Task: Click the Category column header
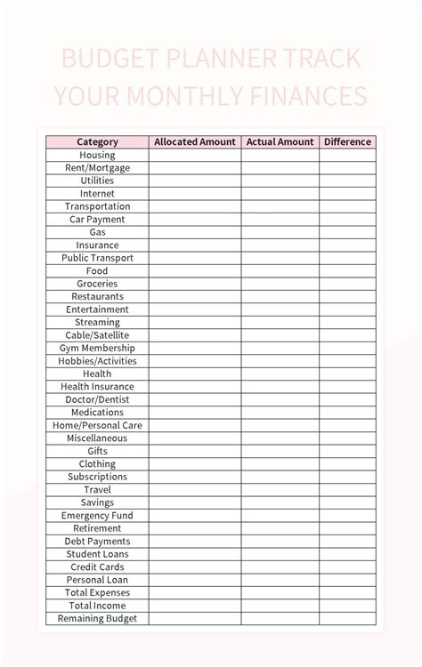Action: pyautogui.click(x=97, y=141)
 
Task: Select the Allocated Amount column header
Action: pyautogui.click(x=194, y=141)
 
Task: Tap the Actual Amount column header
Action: pyautogui.click(x=280, y=141)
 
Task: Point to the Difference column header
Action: pyautogui.click(x=347, y=141)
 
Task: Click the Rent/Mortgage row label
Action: pyautogui.click(x=97, y=167)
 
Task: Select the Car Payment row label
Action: pyautogui.click(x=97, y=219)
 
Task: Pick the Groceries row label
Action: pyautogui.click(x=97, y=284)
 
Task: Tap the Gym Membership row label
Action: pyautogui.click(x=97, y=348)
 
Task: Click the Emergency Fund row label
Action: pyautogui.click(x=97, y=515)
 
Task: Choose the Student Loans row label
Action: pyautogui.click(x=97, y=554)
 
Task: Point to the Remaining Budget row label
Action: pyautogui.click(x=97, y=618)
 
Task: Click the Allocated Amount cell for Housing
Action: pyautogui.click(x=194, y=155)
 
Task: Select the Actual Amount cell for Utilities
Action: pyautogui.click(x=280, y=181)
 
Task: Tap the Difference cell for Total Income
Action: pyautogui.click(x=347, y=606)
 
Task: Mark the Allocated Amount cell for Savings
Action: pyautogui.click(x=194, y=502)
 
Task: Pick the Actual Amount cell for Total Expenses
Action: pyautogui.click(x=280, y=592)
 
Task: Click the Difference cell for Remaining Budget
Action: pyautogui.click(x=347, y=618)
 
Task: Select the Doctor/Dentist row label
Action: pyautogui.click(x=97, y=399)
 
